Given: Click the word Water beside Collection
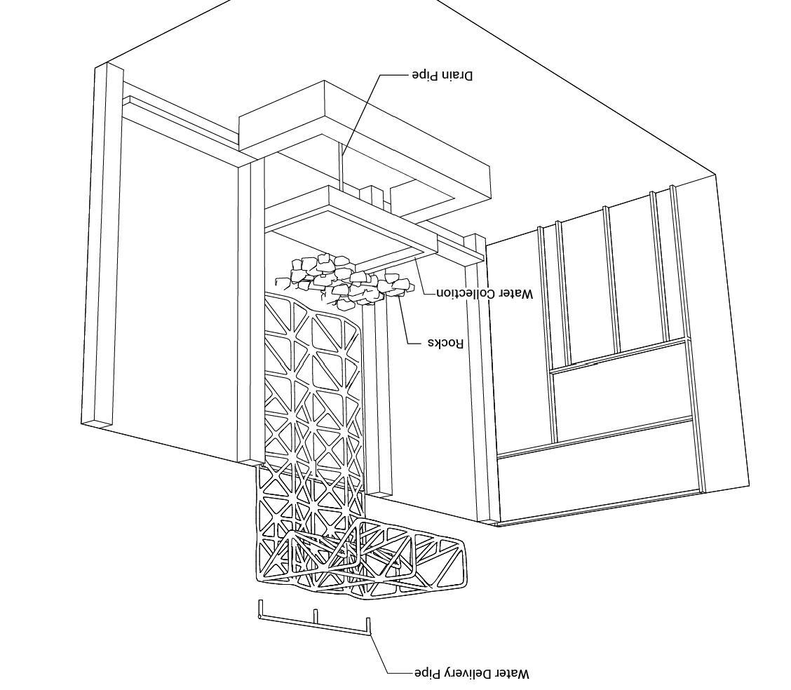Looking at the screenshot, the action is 515,294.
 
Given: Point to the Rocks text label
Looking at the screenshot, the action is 446,343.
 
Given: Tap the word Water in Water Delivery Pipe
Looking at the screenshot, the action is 513,673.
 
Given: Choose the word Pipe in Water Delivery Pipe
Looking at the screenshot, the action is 426,673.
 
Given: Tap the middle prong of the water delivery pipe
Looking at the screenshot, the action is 316,616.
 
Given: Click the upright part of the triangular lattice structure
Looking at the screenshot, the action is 312,393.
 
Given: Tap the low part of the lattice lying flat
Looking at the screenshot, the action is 393,561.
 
